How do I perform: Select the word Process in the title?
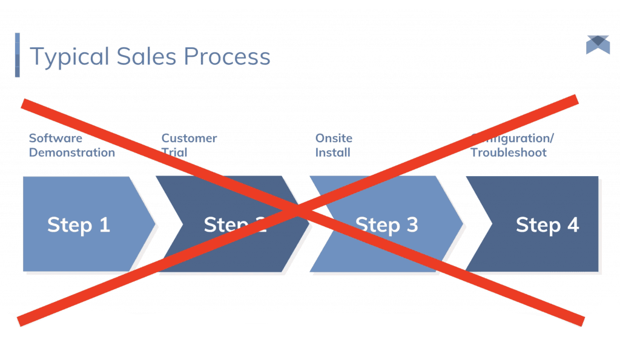pos(227,57)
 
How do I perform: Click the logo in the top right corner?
pos(598,45)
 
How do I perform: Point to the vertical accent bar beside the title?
pos(17,55)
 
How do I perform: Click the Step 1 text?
pos(79,225)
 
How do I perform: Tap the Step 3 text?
pos(386,225)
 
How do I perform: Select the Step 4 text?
pos(547,225)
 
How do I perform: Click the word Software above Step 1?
pos(56,139)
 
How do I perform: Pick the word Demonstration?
pos(72,152)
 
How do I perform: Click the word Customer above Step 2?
pos(189,139)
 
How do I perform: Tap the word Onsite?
pos(334,139)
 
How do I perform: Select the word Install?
pos(333,152)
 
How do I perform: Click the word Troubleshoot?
pos(509,152)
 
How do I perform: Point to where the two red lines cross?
pos(298,211)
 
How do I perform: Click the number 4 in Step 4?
pos(573,225)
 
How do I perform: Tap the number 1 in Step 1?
pos(104,225)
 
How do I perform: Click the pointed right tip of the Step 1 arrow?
pos(154,224)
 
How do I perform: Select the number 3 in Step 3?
pos(412,225)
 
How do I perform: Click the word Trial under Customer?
pos(174,152)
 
